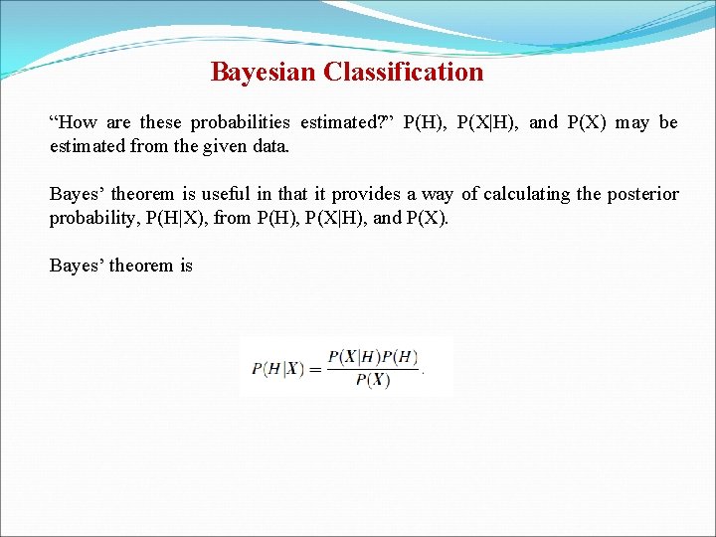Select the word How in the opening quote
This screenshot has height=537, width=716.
pyautogui.click(x=78, y=123)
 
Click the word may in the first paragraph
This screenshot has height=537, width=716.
pyautogui.click(x=631, y=123)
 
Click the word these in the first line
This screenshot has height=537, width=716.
pyautogui.click(x=160, y=123)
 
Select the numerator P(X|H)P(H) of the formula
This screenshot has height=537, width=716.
pyautogui.click(x=373, y=357)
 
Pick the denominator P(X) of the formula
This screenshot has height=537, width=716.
pyautogui.click(x=372, y=381)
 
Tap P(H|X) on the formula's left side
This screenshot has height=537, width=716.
pyautogui.click(x=277, y=369)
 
